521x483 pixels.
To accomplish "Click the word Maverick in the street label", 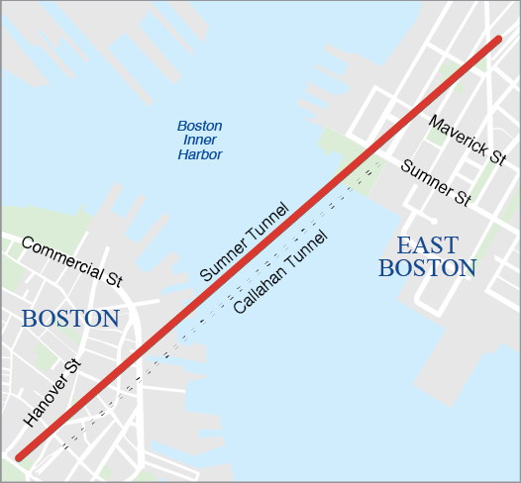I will click(458, 134).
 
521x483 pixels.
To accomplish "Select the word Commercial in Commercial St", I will click(61, 257).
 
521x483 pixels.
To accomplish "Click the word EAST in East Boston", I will click(428, 245).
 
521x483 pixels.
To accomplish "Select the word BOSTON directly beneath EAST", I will click(428, 268).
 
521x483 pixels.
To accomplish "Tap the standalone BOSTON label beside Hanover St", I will click(70, 319).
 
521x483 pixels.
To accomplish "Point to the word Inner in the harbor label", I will click(199, 141).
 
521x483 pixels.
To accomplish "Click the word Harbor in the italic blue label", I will click(199, 155).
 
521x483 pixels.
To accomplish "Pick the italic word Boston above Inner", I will click(199, 126).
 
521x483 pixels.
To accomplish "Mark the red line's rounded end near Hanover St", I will click(20, 456).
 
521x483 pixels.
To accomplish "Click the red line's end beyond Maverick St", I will click(498, 41).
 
